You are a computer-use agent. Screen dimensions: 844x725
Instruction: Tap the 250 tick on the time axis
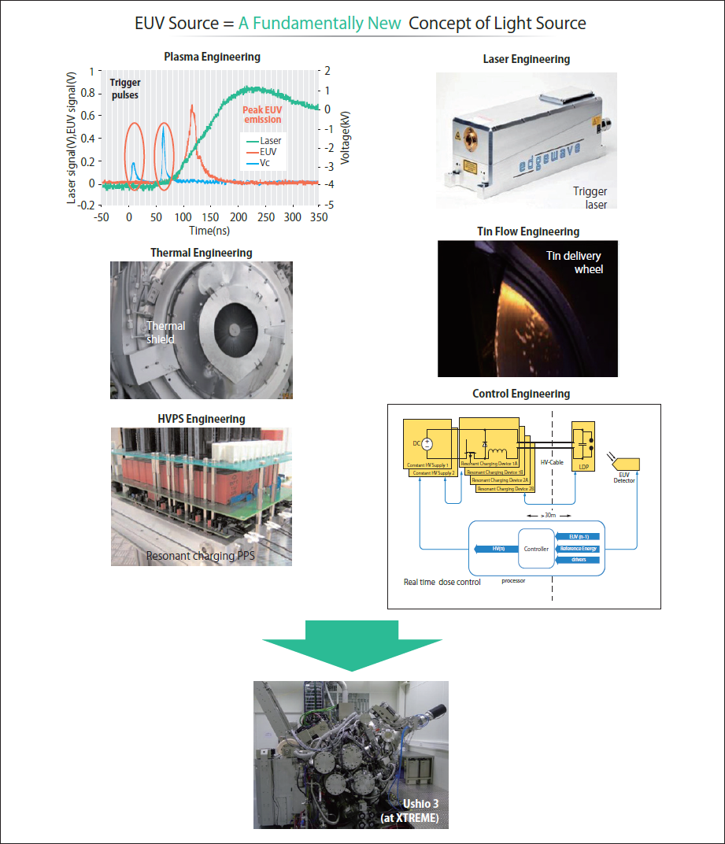[265, 217]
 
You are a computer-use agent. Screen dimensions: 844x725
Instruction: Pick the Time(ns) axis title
[209, 230]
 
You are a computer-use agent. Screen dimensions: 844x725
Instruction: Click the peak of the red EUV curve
[192, 105]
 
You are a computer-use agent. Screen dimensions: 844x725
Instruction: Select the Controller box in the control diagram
[537, 549]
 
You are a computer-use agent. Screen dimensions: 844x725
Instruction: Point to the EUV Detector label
[624, 477]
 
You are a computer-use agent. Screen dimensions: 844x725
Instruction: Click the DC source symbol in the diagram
[427, 444]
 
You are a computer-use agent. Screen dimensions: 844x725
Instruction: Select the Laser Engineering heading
[526, 59]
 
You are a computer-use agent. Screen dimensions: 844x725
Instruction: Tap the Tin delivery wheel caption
[575, 263]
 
